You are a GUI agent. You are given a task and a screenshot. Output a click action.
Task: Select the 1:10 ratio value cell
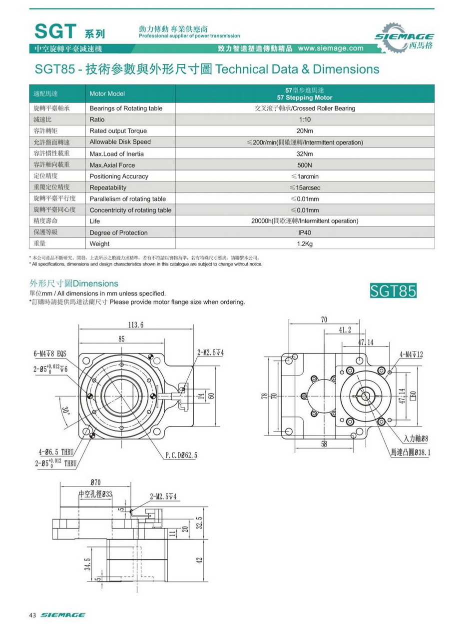point(305,119)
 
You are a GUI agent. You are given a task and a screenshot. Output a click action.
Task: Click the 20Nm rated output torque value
point(305,131)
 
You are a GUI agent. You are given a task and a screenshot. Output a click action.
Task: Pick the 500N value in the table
point(305,165)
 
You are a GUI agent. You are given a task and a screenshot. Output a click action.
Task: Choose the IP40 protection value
point(305,232)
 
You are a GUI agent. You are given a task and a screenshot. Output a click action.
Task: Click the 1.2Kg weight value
point(305,244)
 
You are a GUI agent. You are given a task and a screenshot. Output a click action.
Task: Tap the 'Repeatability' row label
point(108,187)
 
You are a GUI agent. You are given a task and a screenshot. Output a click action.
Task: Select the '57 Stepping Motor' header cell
point(305,94)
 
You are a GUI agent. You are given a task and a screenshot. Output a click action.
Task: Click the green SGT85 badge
point(393,290)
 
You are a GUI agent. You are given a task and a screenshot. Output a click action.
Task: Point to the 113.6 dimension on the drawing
point(135,325)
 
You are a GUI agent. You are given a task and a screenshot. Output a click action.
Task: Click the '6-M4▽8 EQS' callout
point(50,353)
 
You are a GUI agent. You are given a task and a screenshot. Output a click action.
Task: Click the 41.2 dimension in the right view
point(345,330)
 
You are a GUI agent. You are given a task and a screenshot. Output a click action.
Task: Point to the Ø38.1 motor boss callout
point(411,452)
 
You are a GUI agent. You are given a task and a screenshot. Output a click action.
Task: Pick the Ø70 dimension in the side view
point(96,482)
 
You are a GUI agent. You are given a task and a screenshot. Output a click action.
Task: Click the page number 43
point(32,614)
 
